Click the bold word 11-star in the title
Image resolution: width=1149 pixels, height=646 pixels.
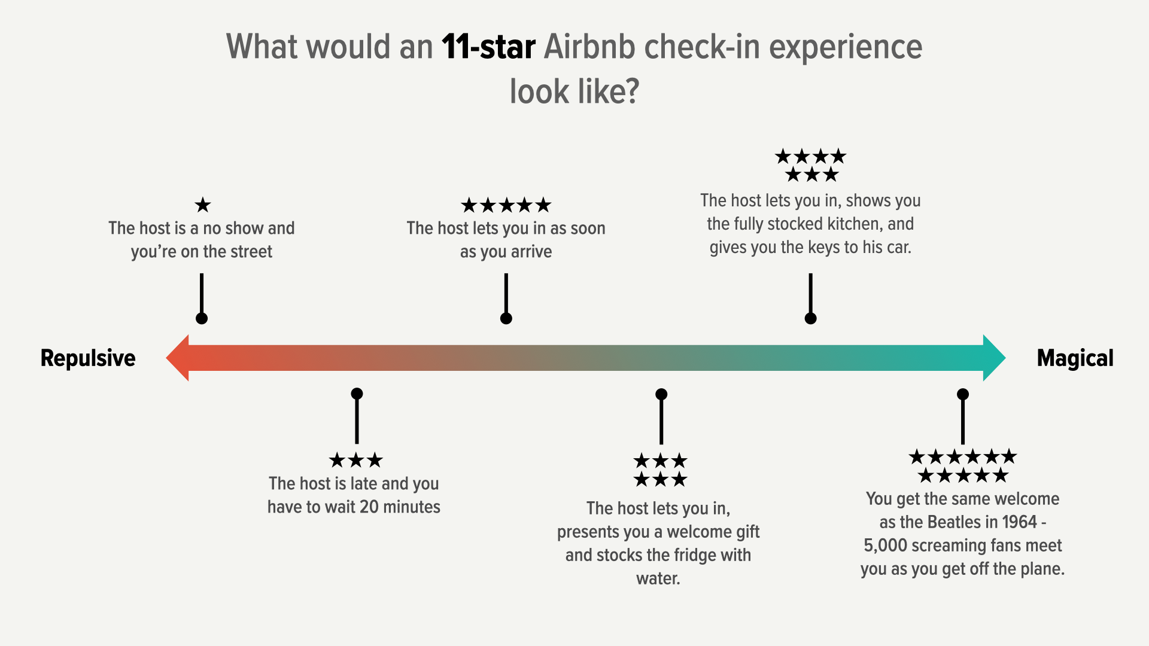[488, 47]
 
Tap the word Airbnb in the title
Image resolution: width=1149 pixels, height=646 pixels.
[589, 47]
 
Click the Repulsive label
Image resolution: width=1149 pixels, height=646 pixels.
[88, 358]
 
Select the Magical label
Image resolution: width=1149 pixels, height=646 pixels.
[1075, 358]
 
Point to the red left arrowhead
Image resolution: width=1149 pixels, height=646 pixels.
[178, 358]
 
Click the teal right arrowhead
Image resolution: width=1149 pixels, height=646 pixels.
[994, 358]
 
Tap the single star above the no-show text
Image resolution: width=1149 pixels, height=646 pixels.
[203, 205]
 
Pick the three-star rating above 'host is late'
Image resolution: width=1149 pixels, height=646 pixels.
[356, 460]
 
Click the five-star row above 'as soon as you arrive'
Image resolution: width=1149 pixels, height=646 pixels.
[506, 205]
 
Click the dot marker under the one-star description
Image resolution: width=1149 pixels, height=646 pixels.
[202, 318]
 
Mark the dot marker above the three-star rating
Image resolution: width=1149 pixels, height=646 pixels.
[357, 394]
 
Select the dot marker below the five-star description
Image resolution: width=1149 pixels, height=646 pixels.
[506, 318]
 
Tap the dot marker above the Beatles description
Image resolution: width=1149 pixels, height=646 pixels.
[963, 394]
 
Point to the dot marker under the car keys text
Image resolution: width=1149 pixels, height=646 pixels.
[811, 318]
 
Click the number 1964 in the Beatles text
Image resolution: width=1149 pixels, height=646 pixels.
[1020, 522]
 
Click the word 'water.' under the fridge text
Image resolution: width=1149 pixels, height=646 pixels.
[658, 578]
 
